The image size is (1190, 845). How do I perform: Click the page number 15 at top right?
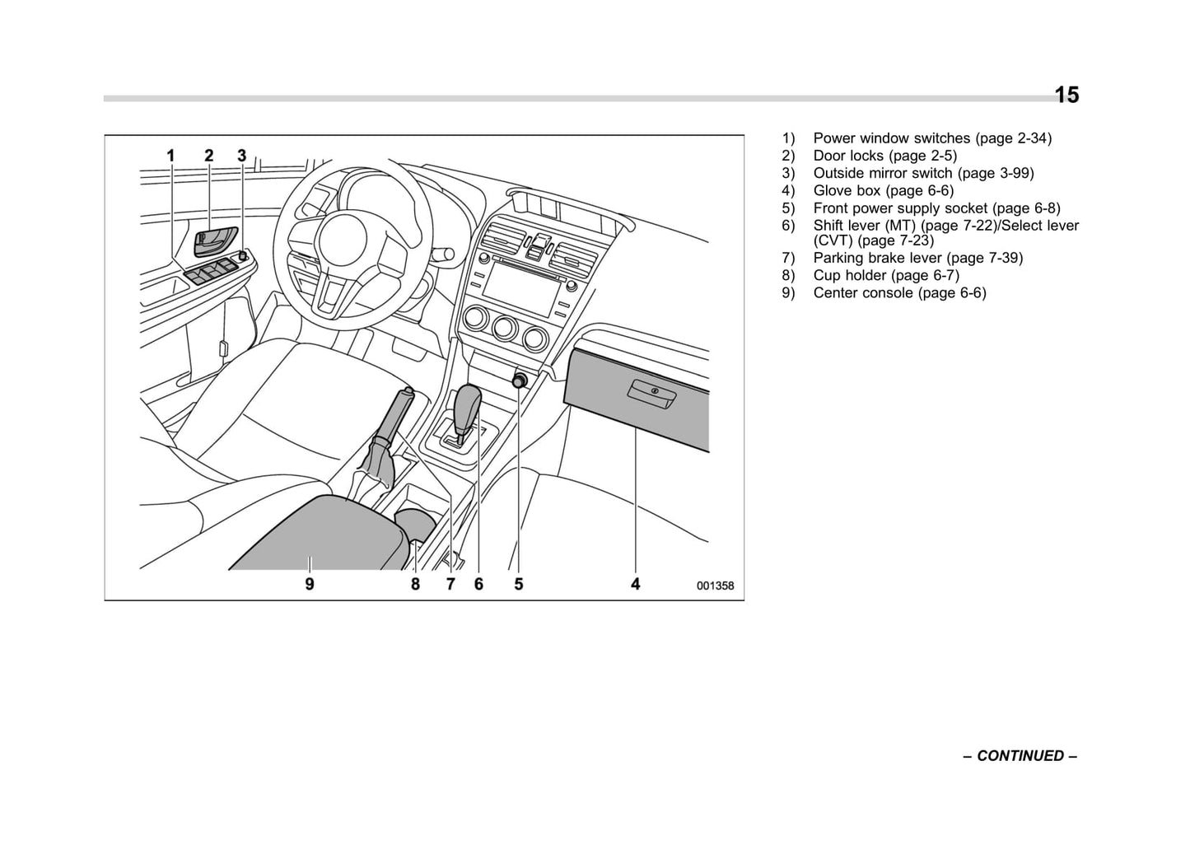(x=1066, y=96)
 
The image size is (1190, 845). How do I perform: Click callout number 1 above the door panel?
(x=171, y=156)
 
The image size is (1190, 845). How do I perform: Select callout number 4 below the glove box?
(x=635, y=584)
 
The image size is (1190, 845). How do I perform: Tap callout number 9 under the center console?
(x=310, y=584)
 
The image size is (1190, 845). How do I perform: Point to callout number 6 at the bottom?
(x=478, y=584)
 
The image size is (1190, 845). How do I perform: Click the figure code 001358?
(x=714, y=586)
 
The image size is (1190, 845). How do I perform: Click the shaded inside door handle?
(x=215, y=241)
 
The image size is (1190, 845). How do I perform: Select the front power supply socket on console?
(x=520, y=380)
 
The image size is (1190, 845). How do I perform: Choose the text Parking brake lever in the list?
(x=877, y=258)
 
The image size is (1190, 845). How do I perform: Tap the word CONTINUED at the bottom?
(x=1020, y=756)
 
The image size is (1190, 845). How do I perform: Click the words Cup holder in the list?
(x=850, y=275)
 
